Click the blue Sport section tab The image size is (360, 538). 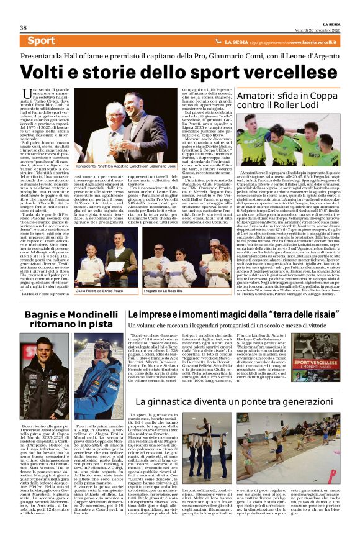[x=41, y=41]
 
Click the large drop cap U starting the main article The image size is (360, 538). [x=43, y=96]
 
